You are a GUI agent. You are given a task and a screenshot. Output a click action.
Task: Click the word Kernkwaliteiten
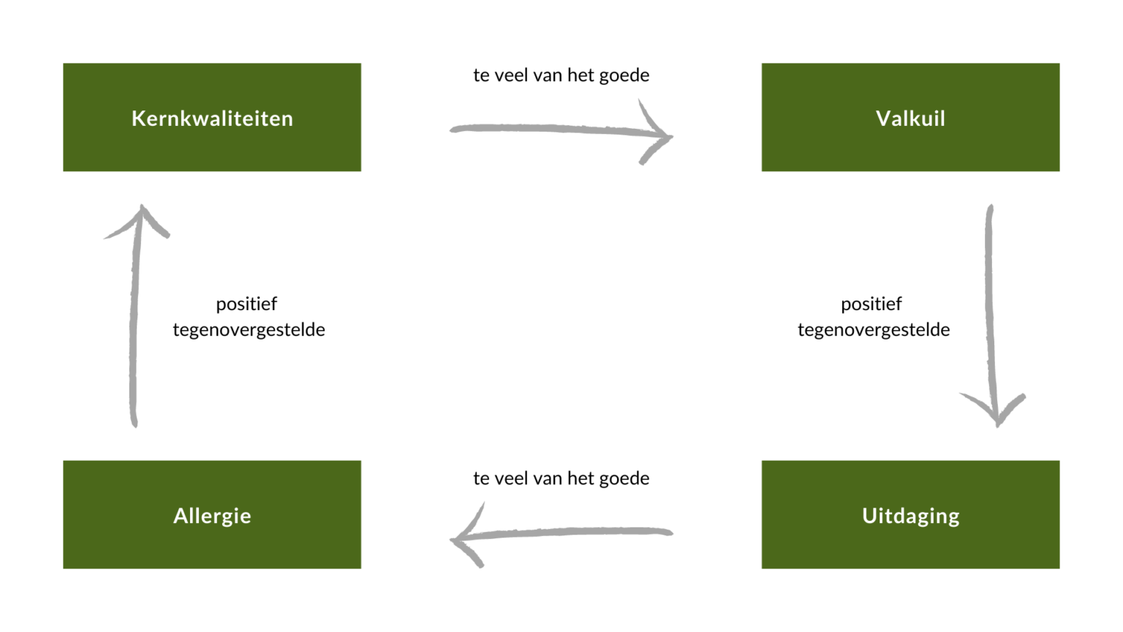[212, 118]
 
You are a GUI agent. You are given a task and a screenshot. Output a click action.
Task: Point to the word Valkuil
[910, 118]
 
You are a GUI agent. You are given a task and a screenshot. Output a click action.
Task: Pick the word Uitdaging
[910, 516]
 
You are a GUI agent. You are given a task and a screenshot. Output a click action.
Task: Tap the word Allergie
[212, 516]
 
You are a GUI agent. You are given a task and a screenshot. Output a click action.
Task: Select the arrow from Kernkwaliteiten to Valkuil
[548, 129]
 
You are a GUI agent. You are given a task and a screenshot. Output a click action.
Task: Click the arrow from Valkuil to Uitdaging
[990, 307]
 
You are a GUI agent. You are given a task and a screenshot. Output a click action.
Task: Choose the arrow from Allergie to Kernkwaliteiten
[135, 322]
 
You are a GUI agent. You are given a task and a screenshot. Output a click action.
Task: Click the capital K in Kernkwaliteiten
[138, 118]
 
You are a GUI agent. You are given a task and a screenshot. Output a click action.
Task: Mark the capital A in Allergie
[181, 516]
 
